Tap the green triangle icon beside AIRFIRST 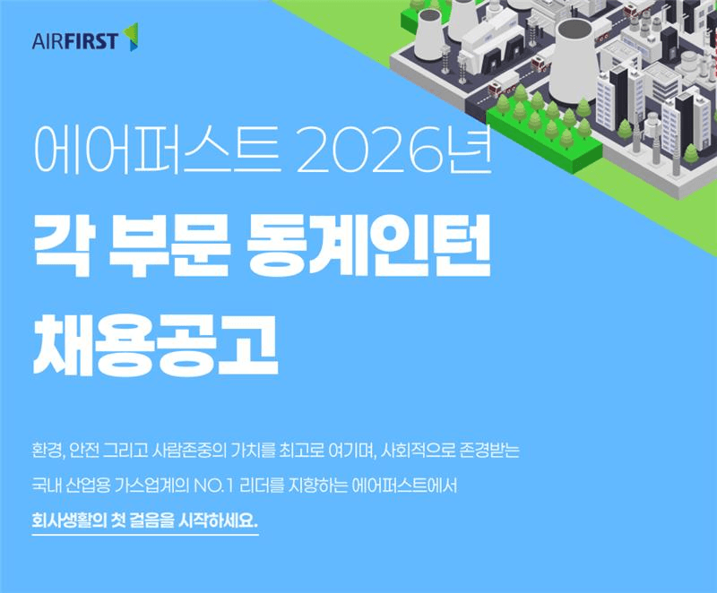click(131, 37)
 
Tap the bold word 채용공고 click(154, 345)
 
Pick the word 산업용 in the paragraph click(98, 486)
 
